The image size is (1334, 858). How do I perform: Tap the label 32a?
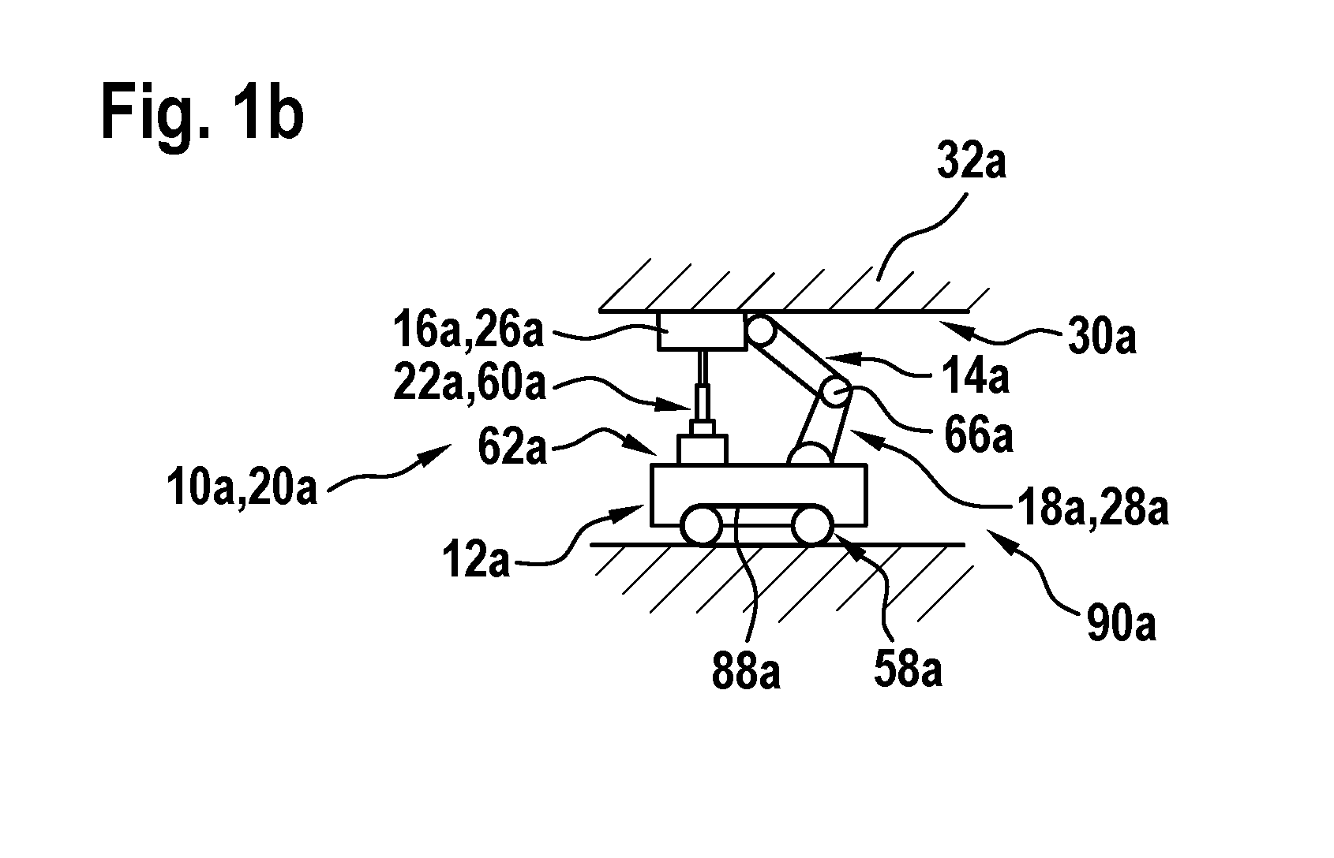(x=972, y=161)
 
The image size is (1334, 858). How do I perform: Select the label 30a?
(x=1103, y=337)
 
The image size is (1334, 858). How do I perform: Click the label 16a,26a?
(x=468, y=331)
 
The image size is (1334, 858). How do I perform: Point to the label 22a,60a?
(x=470, y=384)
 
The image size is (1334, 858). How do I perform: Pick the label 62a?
(x=512, y=447)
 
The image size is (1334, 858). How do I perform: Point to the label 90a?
(x=1122, y=623)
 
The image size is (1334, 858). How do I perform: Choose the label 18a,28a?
(x=1093, y=509)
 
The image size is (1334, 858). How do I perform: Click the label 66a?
(x=979, y=436)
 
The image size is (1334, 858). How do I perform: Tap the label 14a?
(x=976, y=376)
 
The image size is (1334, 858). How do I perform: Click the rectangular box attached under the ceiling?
(x=703, y=331)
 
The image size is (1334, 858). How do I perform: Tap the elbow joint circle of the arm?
(x=836, y=392)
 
